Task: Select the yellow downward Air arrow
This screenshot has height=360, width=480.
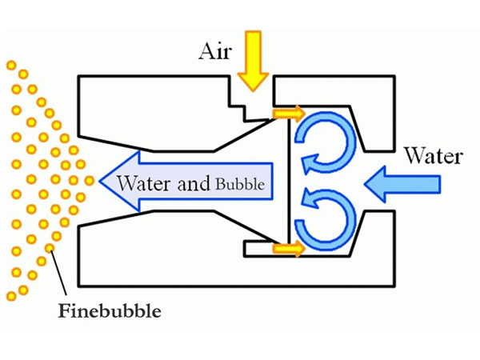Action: tap(254, 59)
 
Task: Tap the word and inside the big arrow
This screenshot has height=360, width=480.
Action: tap(192, 183)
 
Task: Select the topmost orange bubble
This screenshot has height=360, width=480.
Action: tap(10, 64)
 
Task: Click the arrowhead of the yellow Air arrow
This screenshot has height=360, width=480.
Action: tap(254, 80)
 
